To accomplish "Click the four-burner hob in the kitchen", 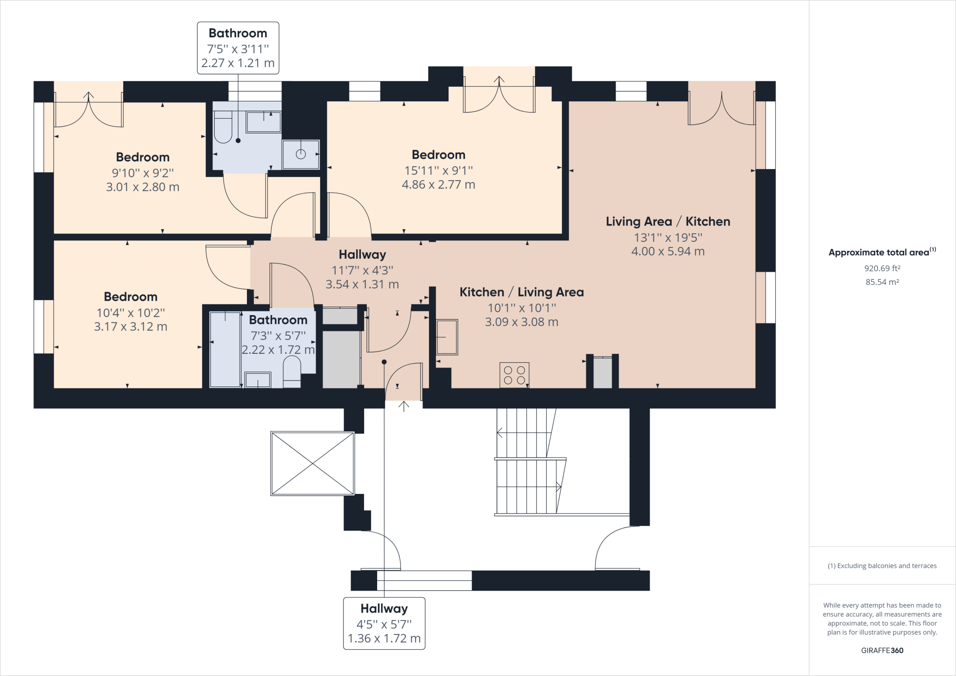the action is click(514, 375).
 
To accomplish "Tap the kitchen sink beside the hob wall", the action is click(447, 337).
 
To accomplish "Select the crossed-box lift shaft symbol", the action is click(312, 463).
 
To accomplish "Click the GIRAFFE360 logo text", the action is click(882, 650).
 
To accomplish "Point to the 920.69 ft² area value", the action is click(882, 268).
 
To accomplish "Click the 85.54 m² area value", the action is click(882, 282).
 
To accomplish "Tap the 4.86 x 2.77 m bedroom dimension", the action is click(438, 185).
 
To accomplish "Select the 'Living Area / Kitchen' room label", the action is click(668, 222).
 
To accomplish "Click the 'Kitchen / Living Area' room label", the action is click(521, 292).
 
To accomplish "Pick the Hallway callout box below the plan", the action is click(384, 623).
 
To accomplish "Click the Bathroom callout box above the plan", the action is click(238, 48).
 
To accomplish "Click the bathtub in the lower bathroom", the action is click(225, 349).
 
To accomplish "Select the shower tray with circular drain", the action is click(301, 154).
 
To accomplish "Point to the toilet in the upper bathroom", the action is click(223, 127).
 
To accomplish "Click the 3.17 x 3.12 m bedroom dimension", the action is click(131, 327).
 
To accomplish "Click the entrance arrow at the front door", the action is click(404, 406).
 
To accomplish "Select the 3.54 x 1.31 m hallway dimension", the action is click(362, 284).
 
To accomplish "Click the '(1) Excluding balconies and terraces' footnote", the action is click(882, 566).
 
